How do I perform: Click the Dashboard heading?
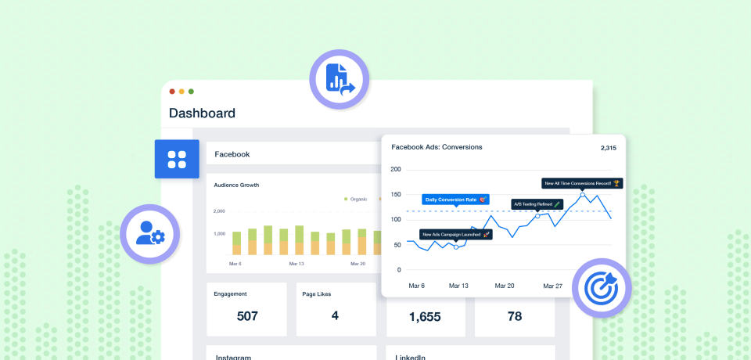point(202,113)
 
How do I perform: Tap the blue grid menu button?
point(177,159)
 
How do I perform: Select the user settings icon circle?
point(149,233)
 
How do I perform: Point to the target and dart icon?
point(601,287)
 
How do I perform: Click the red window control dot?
point(172,92)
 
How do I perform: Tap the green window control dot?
point(191,92)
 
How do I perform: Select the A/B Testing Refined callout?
point(537,203)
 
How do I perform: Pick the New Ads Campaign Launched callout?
point(455,234)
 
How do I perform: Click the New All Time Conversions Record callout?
point(582,183)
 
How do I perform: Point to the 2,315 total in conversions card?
point(609,147)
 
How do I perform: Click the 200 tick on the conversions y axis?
point(395,169)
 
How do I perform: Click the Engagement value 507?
point(247,316)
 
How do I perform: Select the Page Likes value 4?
point(335,316)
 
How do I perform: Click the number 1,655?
point(425,316)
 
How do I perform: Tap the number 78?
point(514,316)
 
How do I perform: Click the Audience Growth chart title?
point(236,185)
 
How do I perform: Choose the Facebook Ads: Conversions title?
point(437,146)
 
